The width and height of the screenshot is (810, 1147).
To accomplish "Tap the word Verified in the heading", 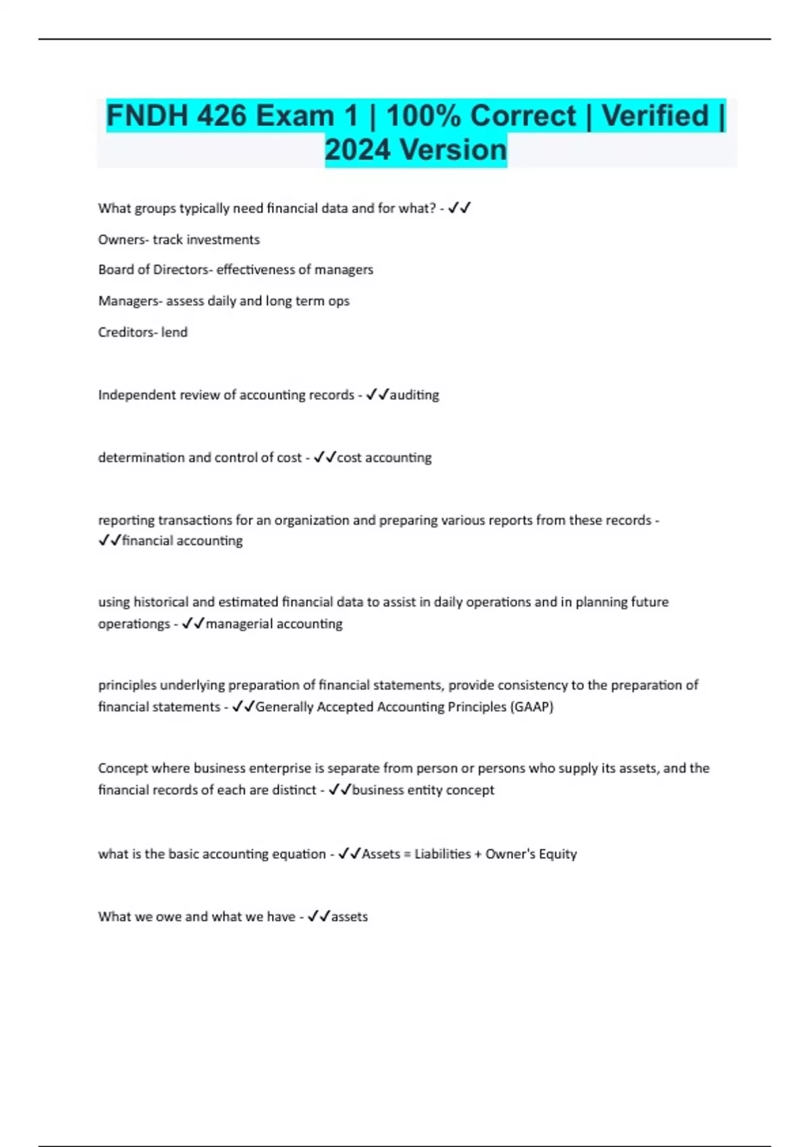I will pos(655,116).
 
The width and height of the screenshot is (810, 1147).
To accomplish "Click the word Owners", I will pos(122,240).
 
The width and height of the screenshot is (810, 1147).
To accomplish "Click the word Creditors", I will pos(127,332).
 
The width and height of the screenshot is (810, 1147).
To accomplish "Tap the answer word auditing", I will pos(414,395).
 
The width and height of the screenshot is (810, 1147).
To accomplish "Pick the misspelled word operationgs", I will pos(134,624).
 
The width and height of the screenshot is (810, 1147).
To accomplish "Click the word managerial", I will pos(237,624).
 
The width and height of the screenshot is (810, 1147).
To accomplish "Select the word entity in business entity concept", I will pos(425,790).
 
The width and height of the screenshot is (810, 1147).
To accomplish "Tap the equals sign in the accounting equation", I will pos(407,854).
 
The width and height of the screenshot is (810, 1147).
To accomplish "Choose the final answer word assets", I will pos(350,917).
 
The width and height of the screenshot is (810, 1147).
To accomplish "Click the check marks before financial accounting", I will pos(109,541).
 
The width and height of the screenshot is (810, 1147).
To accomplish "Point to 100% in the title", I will pos(424,116).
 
